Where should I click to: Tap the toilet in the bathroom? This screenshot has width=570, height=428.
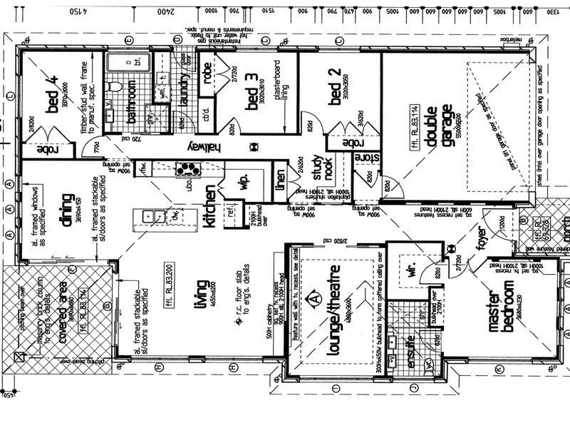[115, 87]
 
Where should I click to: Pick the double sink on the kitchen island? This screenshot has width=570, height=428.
[154, 214]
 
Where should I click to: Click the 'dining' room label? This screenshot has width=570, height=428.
[69, 211]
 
